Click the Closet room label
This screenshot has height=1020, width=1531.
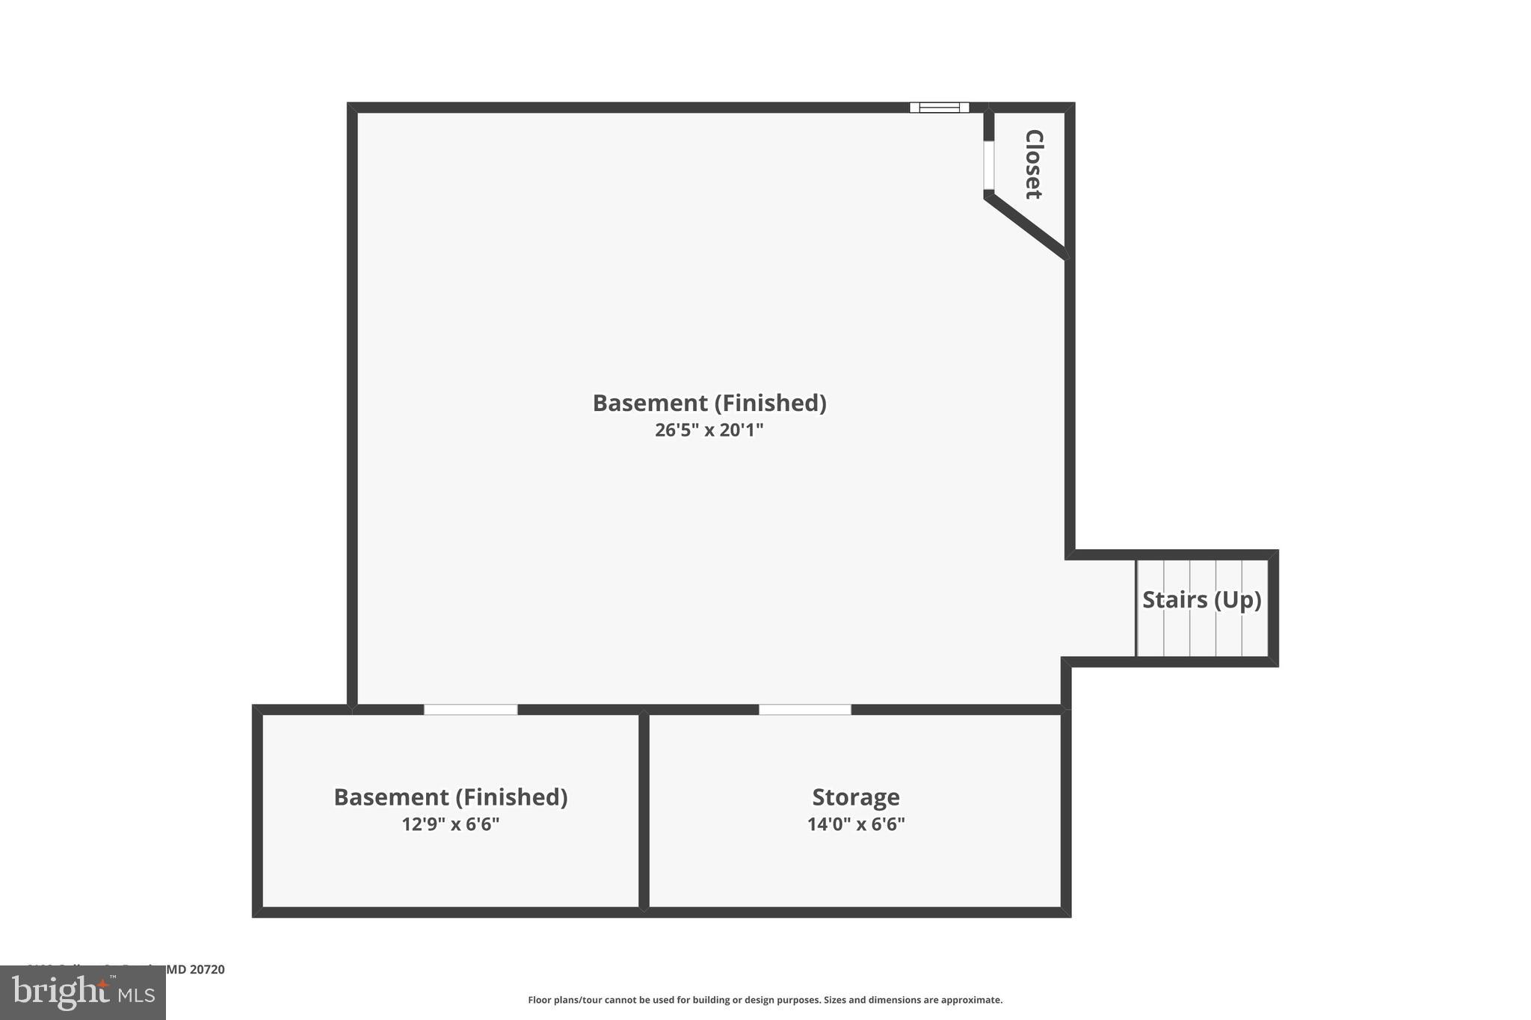click(x=1033, y=164)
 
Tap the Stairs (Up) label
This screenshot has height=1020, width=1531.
click(x=1201, y=600)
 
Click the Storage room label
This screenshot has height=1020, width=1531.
click(x=856, y=797)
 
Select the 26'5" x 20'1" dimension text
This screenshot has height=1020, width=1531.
click(x=709, y=430)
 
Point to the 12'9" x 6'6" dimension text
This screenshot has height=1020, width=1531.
click(x=450, y=824)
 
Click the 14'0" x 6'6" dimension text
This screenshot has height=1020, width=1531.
click(x=856, y=824)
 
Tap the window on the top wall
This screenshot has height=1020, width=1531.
click(x=939, y=108)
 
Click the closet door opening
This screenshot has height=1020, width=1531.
click(x=988, y=165)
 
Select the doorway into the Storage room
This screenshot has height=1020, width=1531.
click(x=805, y=709)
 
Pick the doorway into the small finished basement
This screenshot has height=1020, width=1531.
click(x=470, y=709)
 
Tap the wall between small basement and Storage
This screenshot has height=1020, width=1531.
click(x=644, y=811)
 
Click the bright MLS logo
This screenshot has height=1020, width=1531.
click(x=83, y=993)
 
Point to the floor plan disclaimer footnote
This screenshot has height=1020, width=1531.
click(x=765, y=1000)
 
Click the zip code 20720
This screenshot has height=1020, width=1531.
click(x=207, y=969)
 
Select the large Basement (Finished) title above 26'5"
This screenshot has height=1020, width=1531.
click(x=709, y=404)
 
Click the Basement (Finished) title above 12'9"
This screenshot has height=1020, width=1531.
click(x=450, y=797)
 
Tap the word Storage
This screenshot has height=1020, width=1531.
click(x=856, y=797)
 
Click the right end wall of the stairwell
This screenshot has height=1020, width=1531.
click(x=1273, y=608)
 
